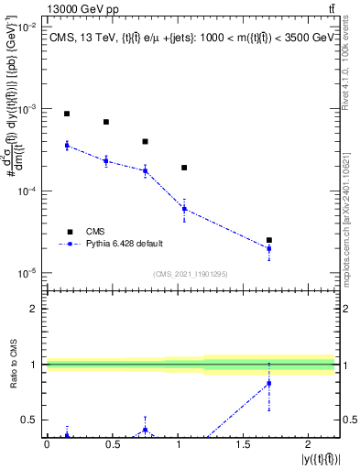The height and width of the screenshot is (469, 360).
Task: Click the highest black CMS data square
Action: pos(67,114)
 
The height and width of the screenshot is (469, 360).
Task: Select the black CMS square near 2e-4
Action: pos(184,168)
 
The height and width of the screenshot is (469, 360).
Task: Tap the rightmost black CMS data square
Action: pos(268,240)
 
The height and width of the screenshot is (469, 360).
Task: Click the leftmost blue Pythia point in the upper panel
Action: pos(67,146)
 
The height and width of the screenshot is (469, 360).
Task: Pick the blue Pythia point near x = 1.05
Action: pos(184,209)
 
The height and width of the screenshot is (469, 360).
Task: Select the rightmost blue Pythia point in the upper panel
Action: pos(268,248)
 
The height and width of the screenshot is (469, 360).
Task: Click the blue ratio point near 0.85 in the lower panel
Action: pos(268,383)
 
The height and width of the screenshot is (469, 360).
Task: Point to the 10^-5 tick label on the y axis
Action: pos(27,273)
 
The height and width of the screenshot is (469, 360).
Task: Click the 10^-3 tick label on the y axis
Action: pos(27,109)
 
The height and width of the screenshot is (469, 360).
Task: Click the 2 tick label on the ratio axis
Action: pos(35,309)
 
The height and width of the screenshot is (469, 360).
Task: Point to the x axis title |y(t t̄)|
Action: pos(315,458)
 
